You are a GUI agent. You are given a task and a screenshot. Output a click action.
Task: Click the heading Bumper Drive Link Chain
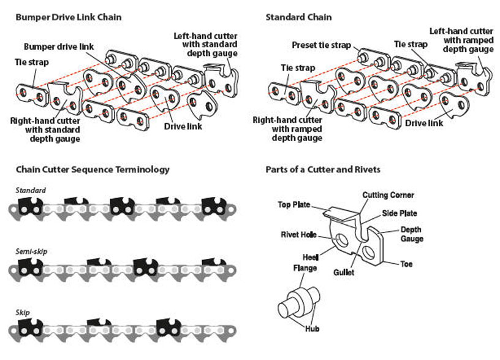pos(68,17)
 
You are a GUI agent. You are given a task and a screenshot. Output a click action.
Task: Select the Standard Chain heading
pos(298,17)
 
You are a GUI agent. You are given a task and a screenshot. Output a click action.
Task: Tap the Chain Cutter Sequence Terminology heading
pos(93,169)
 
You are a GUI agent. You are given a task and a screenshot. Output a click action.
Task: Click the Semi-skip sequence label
pos(31,251)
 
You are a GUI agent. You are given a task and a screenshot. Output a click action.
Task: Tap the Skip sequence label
pos(22,312)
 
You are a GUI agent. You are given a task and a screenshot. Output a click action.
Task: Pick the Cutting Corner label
pos(388,195)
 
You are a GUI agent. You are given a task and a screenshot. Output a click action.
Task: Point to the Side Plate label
pos(401,213)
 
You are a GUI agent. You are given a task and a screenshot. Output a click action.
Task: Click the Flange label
pos(305,268)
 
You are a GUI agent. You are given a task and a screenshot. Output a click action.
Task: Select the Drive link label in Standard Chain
pos(424,123)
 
